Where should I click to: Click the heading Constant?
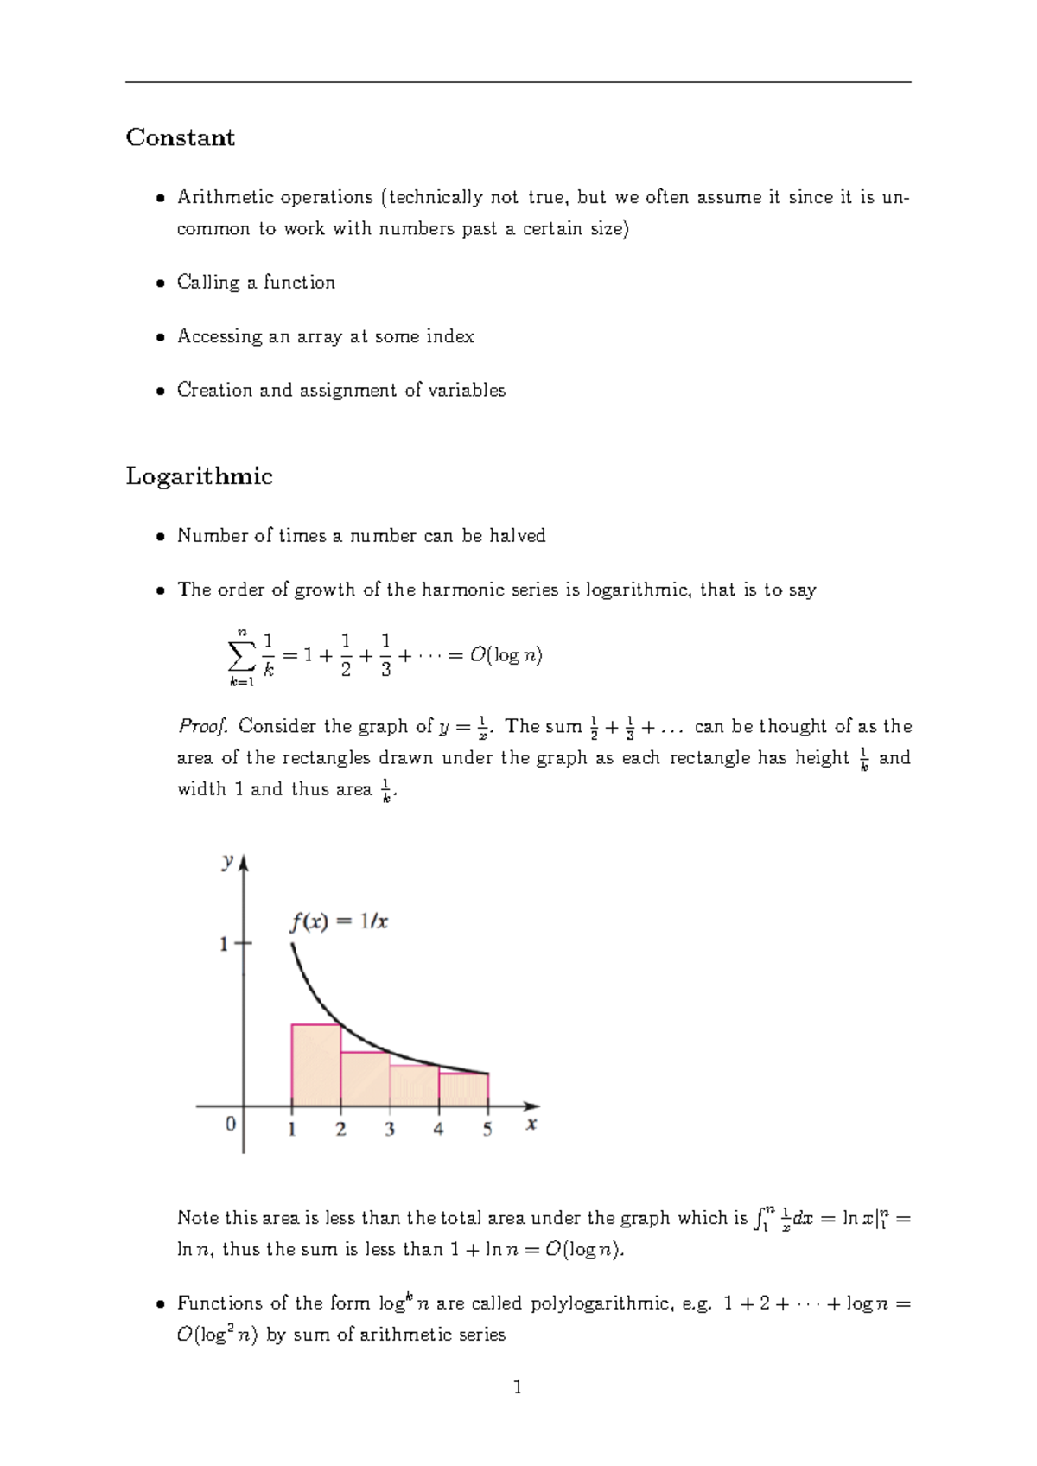point(180,137)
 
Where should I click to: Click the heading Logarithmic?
point(199,476)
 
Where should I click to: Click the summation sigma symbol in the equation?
point(241,656)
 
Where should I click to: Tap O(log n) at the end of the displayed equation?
point(506,655)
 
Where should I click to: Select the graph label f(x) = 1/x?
point(338,921)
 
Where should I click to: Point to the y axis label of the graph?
point(227,861)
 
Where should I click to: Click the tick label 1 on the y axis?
point(224,944)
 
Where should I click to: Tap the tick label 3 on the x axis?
point(390,1129)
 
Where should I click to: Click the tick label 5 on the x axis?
point(487,1129)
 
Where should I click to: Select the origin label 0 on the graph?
point(230,1124)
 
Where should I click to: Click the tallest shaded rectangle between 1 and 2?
point(316,1066)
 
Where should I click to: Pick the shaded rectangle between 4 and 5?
point(464,1090)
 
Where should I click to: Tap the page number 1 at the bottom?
point(518,1387)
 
